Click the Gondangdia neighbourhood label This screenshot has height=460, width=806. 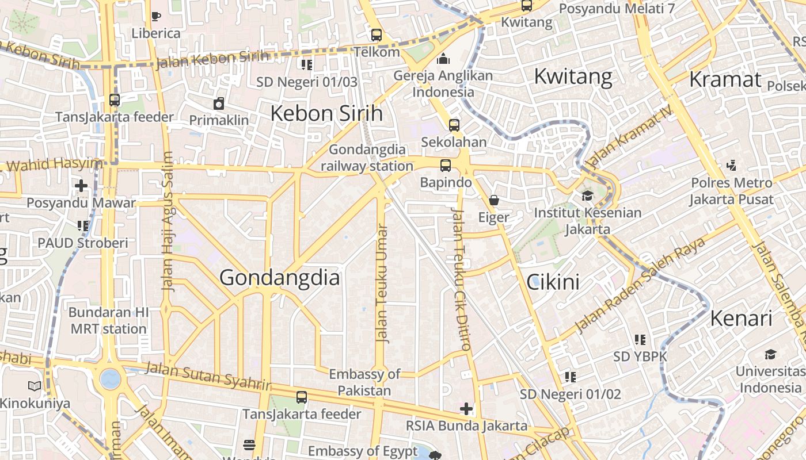coord(280,278)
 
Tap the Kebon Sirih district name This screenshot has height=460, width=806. coord(326,113)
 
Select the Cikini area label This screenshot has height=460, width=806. coord(553,282)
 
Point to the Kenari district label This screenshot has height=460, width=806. coord(740,318)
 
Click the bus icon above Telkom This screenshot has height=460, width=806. coord(377,35)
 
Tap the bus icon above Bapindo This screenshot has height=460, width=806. coord(446,166)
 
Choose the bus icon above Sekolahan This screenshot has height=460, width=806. coord(454,125)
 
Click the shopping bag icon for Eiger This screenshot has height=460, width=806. coord(494,200)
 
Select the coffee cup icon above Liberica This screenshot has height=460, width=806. coord(156,16)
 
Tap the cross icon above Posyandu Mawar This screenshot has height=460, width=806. coord(81,186)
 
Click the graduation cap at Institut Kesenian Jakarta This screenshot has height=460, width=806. coord(587,195)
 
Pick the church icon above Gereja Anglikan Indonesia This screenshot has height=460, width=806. coord(443,59)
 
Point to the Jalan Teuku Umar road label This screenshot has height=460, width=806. coord(382,283)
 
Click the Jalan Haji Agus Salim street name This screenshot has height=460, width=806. coord(167,221)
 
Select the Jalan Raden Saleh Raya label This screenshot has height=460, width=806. coord(640,285)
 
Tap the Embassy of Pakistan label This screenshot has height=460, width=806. coord(364,382)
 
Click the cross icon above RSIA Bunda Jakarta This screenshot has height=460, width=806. coord(466,409)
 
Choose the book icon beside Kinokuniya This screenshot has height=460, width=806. coord(35,386)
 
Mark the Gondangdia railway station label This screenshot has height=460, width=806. coord(367,158)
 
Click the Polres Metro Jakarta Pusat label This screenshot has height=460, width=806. coord(731,191)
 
